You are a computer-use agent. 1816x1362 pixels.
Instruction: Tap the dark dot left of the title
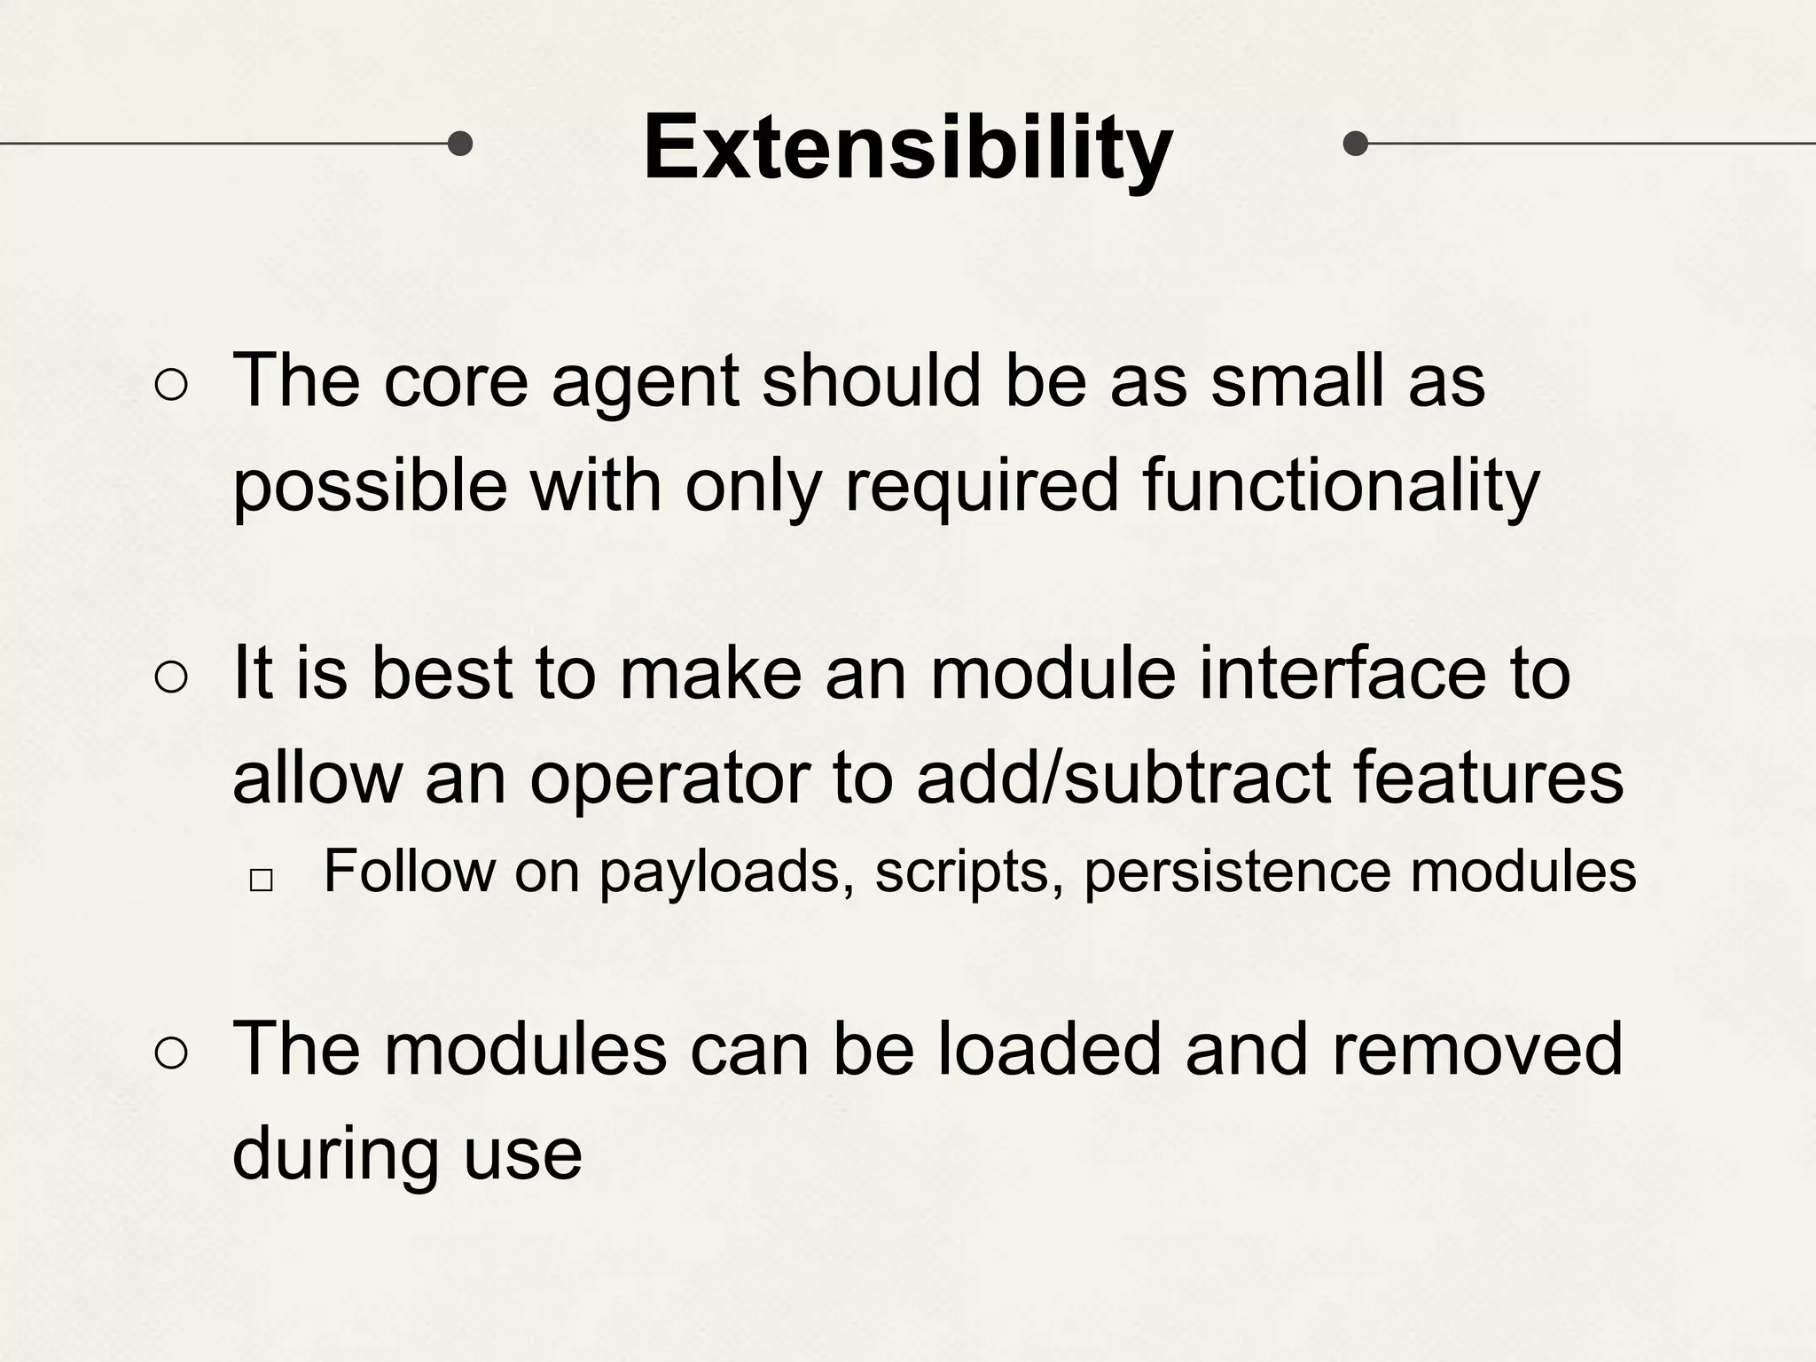[x=459, y=143]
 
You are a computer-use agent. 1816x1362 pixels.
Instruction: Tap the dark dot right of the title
[x=1355, y=143]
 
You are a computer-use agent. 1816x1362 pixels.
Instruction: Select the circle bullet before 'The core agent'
[x=171, y=386]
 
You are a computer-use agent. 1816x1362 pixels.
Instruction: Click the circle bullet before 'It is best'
[x=171, y=678]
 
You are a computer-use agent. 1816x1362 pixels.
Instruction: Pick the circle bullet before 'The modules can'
[x=171, y=1054]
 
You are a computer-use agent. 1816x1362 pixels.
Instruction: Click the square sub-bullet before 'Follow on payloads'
[x=261, y=880]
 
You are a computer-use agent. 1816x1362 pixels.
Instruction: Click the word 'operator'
[x=669, y=778]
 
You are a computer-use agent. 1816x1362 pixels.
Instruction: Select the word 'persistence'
[x=1237, y=873]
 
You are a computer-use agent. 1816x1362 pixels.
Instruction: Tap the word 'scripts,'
[x=969, y=873]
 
